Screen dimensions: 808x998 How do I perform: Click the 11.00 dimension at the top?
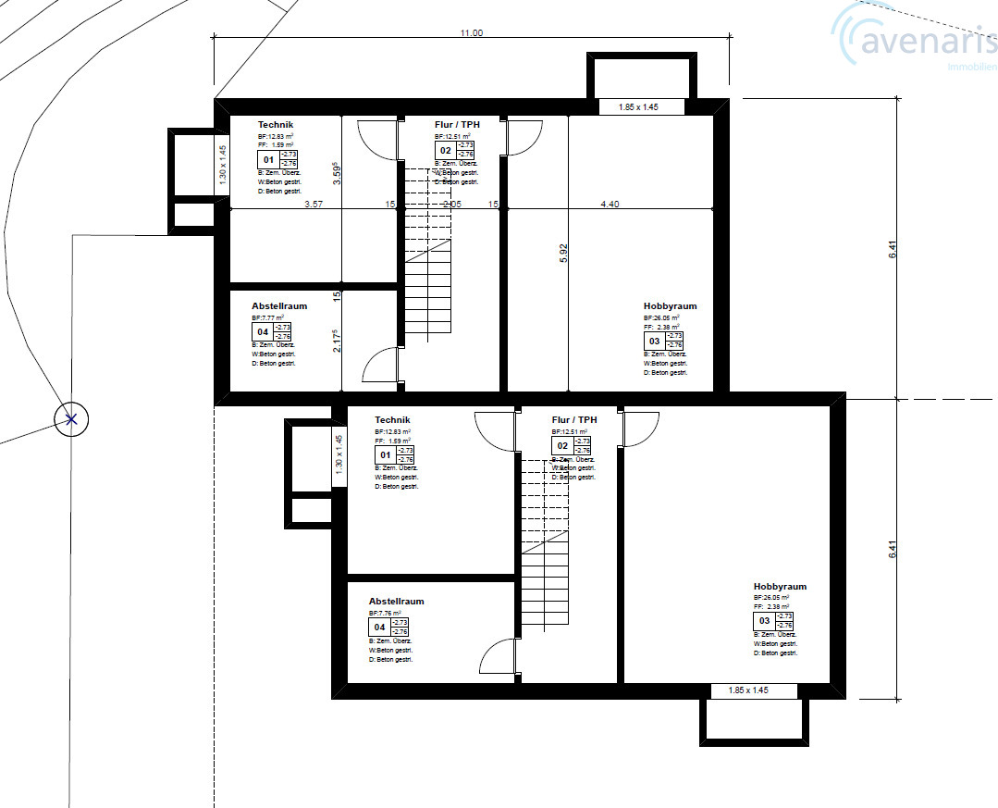pos(472,32)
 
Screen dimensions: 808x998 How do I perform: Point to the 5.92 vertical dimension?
pos(563,255)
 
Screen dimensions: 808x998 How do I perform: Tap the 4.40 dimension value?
pos(610,204)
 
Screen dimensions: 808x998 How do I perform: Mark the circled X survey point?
pos(71,419)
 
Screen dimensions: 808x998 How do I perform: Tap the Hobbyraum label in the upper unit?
pos(670,306)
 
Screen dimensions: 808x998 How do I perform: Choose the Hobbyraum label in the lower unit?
pos(780,587)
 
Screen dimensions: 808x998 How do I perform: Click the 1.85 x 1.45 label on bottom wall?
pos(748,690)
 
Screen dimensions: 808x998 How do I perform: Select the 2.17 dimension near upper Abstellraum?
pos(337,341)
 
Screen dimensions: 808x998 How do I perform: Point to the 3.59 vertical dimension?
pos(337,174)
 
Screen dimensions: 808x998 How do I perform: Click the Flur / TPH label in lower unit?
pos(574,420)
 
